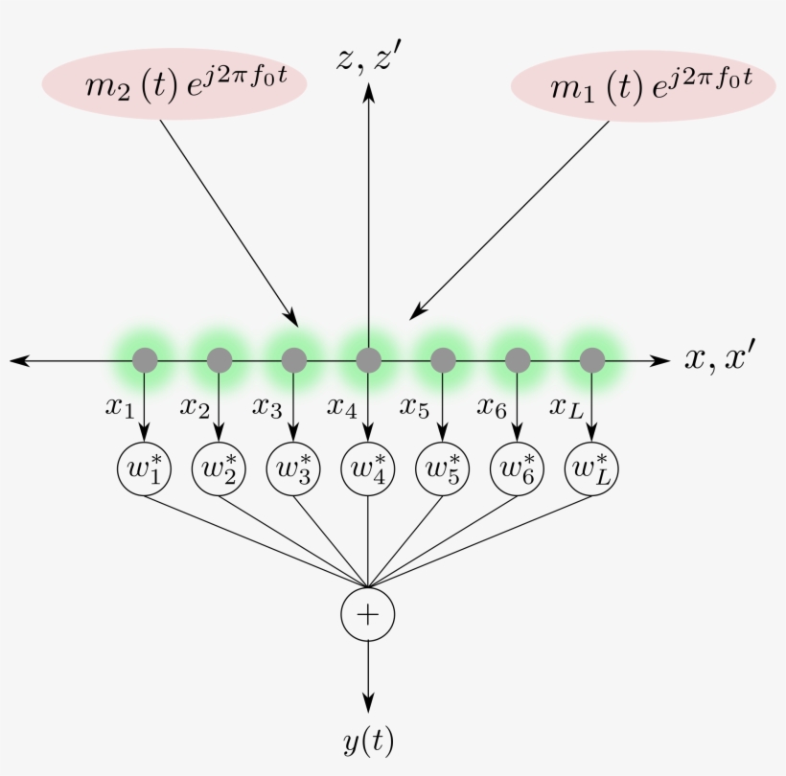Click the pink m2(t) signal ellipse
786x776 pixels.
pos(173,85)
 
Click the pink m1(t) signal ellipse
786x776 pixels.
pos(643,86)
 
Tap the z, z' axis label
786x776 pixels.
pos(375,58)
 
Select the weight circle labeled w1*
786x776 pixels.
pos(145,469)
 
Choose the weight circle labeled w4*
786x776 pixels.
pos(369,469)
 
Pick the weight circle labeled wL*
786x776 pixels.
pos(592,469)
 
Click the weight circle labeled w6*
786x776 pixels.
pos(518,469)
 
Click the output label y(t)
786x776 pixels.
pos(368,740)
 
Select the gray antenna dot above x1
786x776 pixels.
pos(145,360)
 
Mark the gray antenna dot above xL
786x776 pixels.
pos(592,360)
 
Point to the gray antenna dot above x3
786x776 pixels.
pos(294,360)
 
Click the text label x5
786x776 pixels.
pos(414,406)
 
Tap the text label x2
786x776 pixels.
pos(194,406)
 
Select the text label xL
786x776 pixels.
pos(565,406)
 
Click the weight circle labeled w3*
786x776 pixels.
pos(294,469)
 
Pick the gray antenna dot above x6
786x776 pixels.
pos(518,360)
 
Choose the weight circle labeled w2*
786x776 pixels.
pos(220,469)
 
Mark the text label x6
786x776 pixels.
pos(491,406)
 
